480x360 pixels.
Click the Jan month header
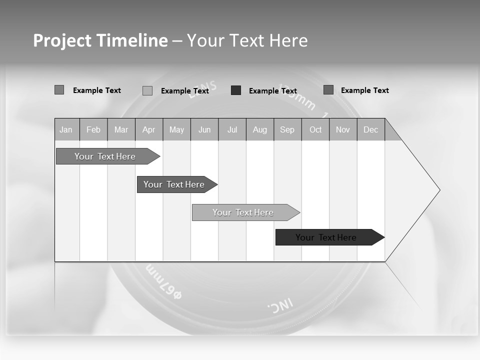(66, 129)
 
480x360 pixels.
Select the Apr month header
(148, 129)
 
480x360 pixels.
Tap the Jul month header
(232, 129)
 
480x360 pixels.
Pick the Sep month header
(287, 129)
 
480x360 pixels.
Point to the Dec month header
(370, 129)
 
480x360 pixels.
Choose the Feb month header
(93, 129)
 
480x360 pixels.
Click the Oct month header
(315, 129)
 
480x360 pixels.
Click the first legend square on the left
(59, 90)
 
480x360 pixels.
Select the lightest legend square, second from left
(147, 90)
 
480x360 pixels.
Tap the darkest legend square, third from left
(236, 90)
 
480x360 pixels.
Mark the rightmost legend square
(328, 90)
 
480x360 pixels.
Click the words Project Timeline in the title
(100, 40)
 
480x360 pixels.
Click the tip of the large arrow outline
(438, 190)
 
